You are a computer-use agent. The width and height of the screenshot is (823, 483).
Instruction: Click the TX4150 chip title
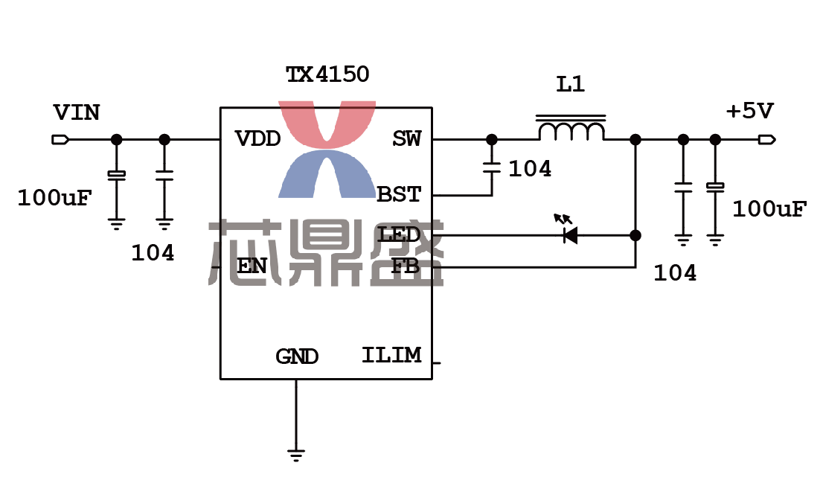point(327,74)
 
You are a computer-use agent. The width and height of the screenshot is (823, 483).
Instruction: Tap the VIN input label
point(77,113)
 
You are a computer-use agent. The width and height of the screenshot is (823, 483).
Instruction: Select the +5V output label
point(750,112)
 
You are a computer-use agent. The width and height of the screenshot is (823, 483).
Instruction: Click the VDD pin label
point(257,139)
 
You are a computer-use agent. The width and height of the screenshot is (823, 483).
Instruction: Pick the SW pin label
point(407,139)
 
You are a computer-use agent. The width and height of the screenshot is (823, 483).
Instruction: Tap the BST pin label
point(400,195)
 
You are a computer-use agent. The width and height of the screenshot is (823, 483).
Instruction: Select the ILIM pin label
point(391,355)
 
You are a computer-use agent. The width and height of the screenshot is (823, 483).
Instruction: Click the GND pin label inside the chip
point(297,357)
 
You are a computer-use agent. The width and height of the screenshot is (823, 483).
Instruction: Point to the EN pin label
point(252,266)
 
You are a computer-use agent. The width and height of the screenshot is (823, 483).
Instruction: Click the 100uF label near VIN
point(54,198)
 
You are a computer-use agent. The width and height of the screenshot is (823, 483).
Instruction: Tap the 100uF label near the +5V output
point(769,209)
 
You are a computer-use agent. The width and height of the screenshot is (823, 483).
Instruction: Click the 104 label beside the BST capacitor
point(530,169)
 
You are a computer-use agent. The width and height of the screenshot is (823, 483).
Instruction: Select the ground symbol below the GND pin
point(296,455)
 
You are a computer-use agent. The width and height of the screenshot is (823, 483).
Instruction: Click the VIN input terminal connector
point(60,139)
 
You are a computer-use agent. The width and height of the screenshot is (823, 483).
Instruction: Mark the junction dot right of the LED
point(635,235)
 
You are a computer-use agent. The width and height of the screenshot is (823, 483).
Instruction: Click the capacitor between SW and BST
point(491,167)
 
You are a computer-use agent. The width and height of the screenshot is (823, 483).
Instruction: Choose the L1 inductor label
point(571,85)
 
